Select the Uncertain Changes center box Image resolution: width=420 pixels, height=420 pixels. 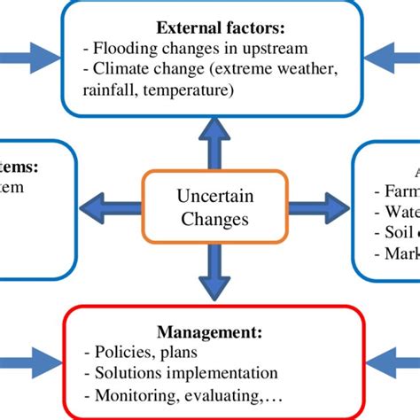point(214,208)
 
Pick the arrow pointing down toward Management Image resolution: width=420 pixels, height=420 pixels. point(214,275)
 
